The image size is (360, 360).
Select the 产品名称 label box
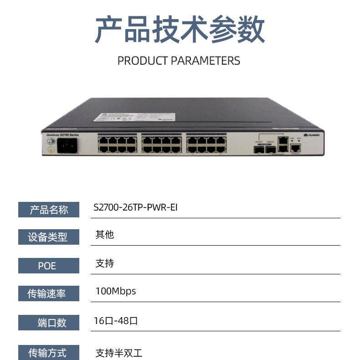pos(49,209)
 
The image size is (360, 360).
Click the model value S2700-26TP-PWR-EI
pos(135,207)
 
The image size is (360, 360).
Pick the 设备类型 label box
pos(49,237)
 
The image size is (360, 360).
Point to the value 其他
pos(104,235)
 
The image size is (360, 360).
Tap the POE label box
pos(49,266)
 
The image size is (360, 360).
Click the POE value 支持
pos(104,263)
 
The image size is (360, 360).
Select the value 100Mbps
pos(115,291)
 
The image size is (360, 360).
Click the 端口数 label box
pos(49,323)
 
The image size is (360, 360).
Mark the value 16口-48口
pos(116,321)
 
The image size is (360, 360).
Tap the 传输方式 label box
pos(49,352)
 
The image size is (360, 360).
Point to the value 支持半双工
pos(119,353)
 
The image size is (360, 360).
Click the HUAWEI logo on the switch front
pos(312,135)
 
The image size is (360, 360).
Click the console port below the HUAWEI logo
pos(295,147)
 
